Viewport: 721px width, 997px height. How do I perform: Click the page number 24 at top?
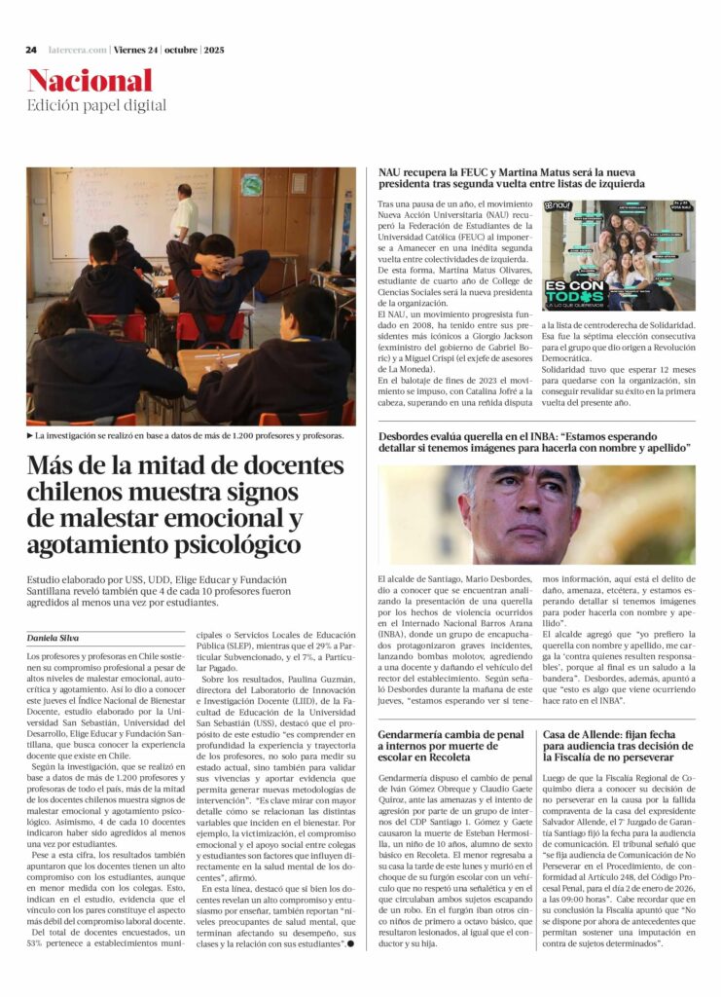pyautogui.click(x=31, y=50)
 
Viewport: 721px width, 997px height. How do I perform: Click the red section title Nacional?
pyautogui.click(x=90, y=81)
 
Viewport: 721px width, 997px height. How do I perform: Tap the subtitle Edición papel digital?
pyautogui.click(x=96, y=105)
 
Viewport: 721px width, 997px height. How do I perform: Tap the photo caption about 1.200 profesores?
pyautogui.click(x=188, y=436)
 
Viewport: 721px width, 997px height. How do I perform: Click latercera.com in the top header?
pyautogui.click(x=75, y=50)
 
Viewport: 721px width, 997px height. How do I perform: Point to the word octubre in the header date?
pyautogui.click(x=180, y=50)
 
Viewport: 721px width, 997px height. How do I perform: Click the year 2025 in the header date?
pyautogui.click(x=213, y=50)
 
